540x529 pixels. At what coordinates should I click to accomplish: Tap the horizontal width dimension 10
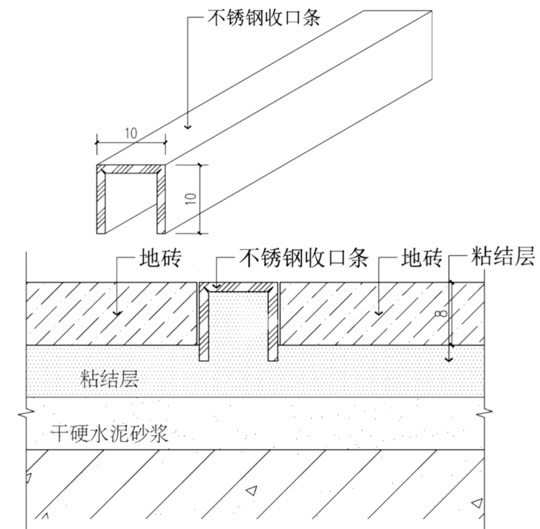pyautogui.click(x=131, y=133)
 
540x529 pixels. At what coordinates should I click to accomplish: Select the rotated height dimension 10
pyautogui.click(x=191, y=198)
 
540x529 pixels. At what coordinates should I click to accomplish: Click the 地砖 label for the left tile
pyautogui.click(x=159, y=259)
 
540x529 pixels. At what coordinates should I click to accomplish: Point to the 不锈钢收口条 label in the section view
pyautogui.click(x=304, y=258)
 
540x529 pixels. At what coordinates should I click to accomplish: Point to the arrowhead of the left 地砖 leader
pyautogui.click(x=118, y=313)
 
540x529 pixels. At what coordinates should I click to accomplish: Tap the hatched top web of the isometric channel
pyautogui.click(x=131, y=169)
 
